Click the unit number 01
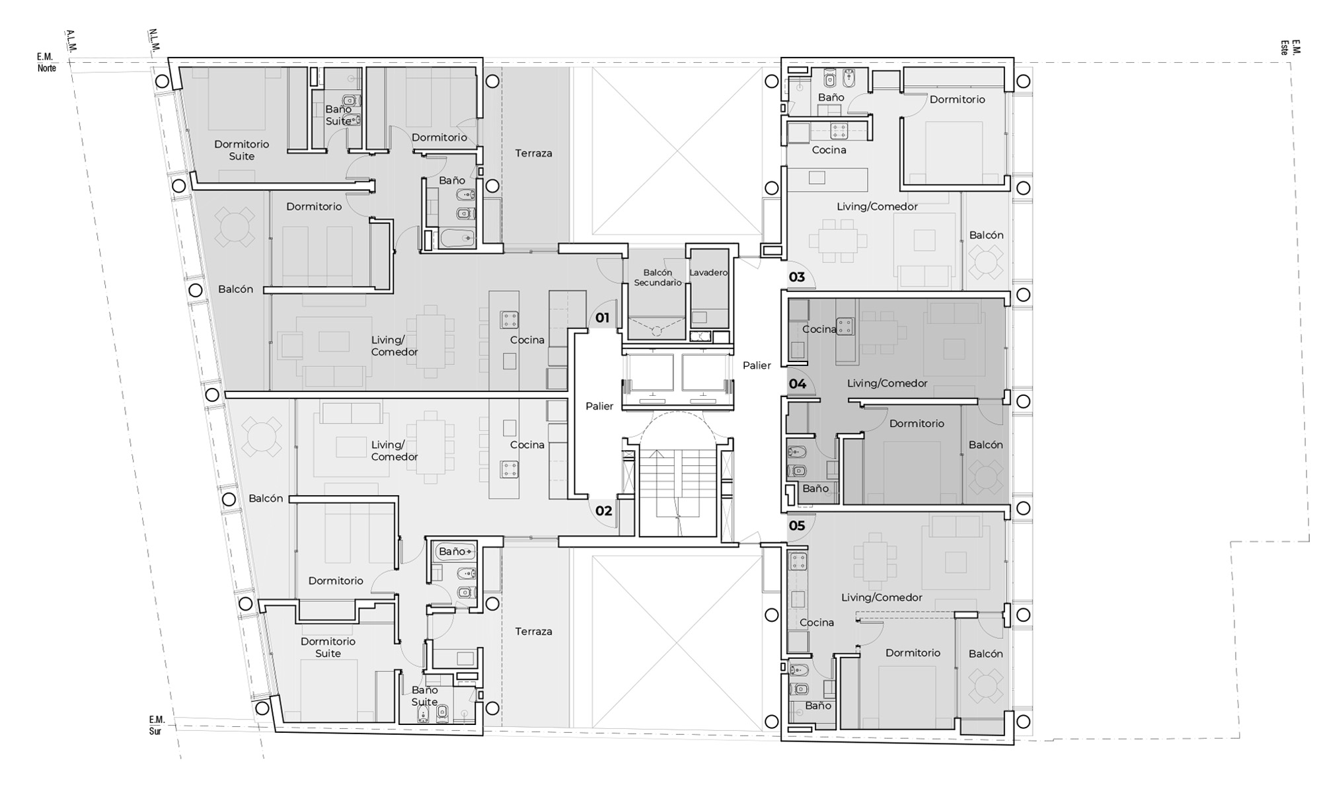coord(602,318)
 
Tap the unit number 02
coord(603,511)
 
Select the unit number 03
coord(797,277)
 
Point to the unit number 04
coord(798,384)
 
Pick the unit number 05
coord(797,526)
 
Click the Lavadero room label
coord(708,272)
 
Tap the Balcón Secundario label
coord(658,278)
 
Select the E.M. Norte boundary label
coord(46,63)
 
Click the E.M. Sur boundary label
coord(156,725)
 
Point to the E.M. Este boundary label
coord(1290,47)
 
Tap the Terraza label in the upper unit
coord(533,153)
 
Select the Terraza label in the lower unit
coord(533,632)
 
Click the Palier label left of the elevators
coord(599,406)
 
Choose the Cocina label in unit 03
coord(829,150)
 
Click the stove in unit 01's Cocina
coord(510,320)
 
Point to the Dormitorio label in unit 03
coord(957,100)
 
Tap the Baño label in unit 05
coord(818,706)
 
